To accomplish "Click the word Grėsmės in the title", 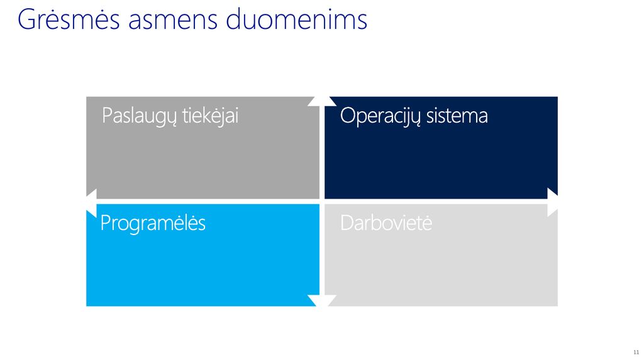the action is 69,19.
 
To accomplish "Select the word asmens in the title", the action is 172,21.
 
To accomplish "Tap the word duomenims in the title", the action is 297,19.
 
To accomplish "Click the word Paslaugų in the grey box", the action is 139,116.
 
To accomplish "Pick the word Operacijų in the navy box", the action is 380,116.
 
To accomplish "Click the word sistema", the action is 457,116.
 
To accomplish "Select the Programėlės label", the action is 153,223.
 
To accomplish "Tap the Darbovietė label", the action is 386,223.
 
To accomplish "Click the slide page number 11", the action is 636,352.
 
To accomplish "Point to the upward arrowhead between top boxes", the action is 322,101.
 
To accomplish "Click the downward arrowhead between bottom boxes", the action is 322,300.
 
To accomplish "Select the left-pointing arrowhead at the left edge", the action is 91,203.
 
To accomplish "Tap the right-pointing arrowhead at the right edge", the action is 553,202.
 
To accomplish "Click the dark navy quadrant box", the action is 441,148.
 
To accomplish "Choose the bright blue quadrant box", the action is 203,255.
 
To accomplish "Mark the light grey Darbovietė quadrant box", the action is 441,255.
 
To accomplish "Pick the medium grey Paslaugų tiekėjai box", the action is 203,148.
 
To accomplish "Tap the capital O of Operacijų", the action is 348,116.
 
